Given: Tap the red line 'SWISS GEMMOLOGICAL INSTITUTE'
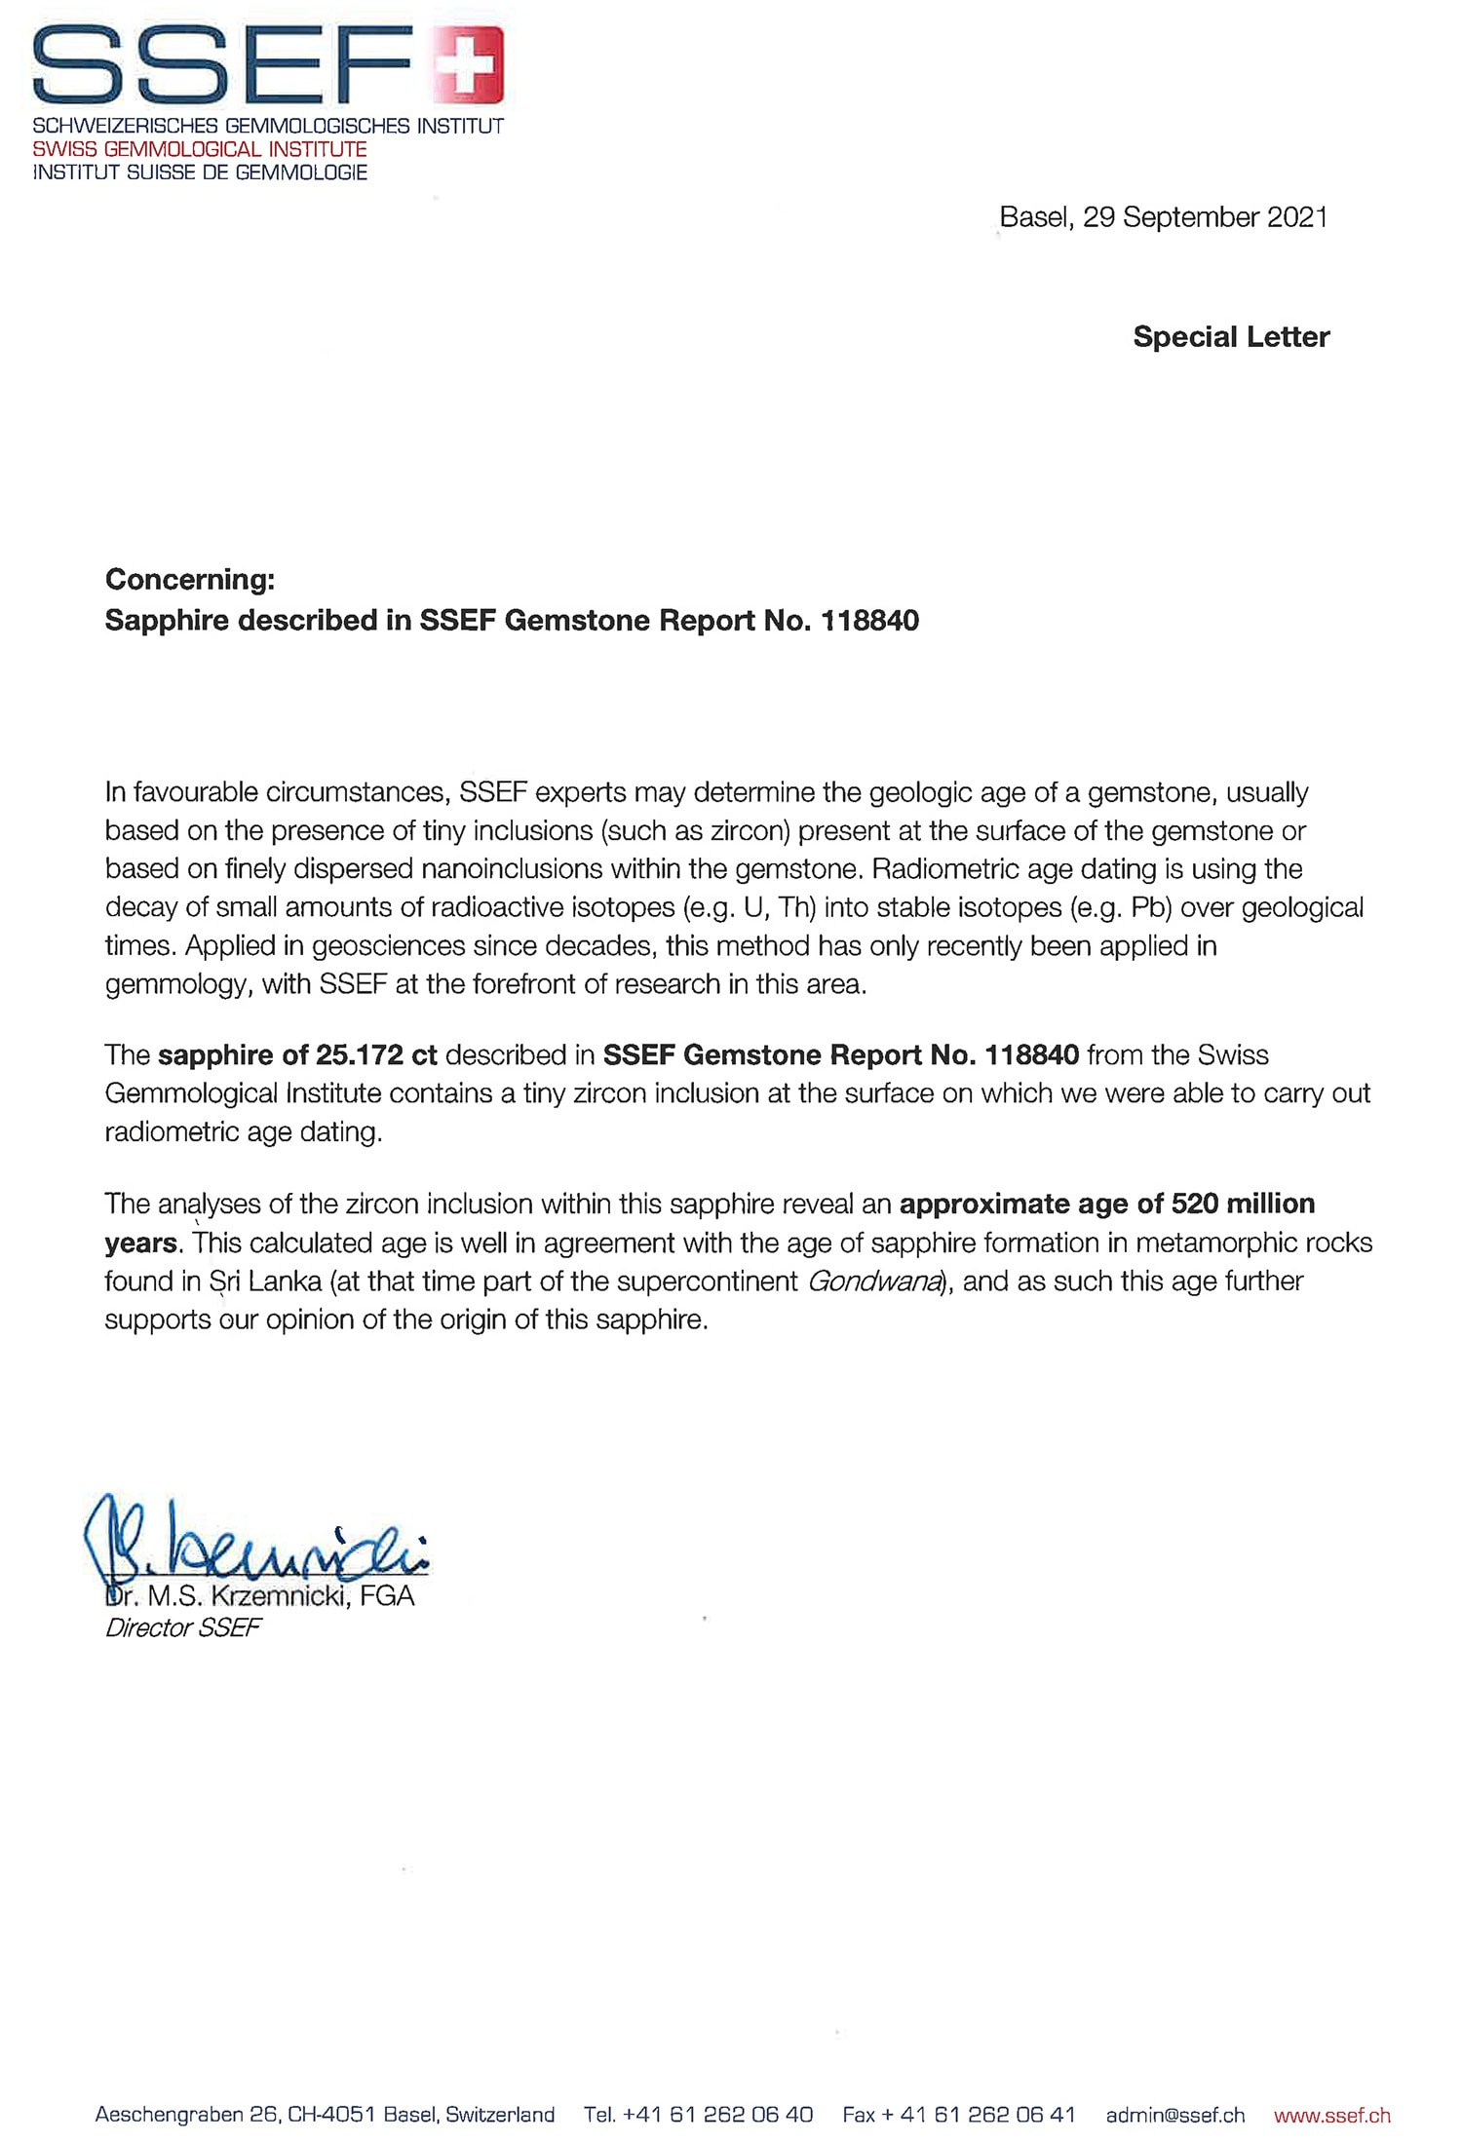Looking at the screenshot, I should coord(200,149).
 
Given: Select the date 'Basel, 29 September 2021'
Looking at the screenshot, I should coord(1164,217).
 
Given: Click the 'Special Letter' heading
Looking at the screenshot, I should coord(1231,337).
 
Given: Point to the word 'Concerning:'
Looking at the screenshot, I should coord(190,580).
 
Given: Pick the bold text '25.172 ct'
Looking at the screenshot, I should coord(376,1055).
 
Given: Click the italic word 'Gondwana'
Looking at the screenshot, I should coord(875,1281).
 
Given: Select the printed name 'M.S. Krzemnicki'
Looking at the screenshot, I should coord(249,1596).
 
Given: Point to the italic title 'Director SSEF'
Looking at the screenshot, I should coord(183,1628).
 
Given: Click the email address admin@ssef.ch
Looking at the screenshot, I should coord(1175,2116).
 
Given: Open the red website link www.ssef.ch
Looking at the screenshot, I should coord(1331,2116).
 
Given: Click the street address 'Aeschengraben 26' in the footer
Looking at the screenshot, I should coord(185,2116).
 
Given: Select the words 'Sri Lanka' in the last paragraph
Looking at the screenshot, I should coord(265,1281).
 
